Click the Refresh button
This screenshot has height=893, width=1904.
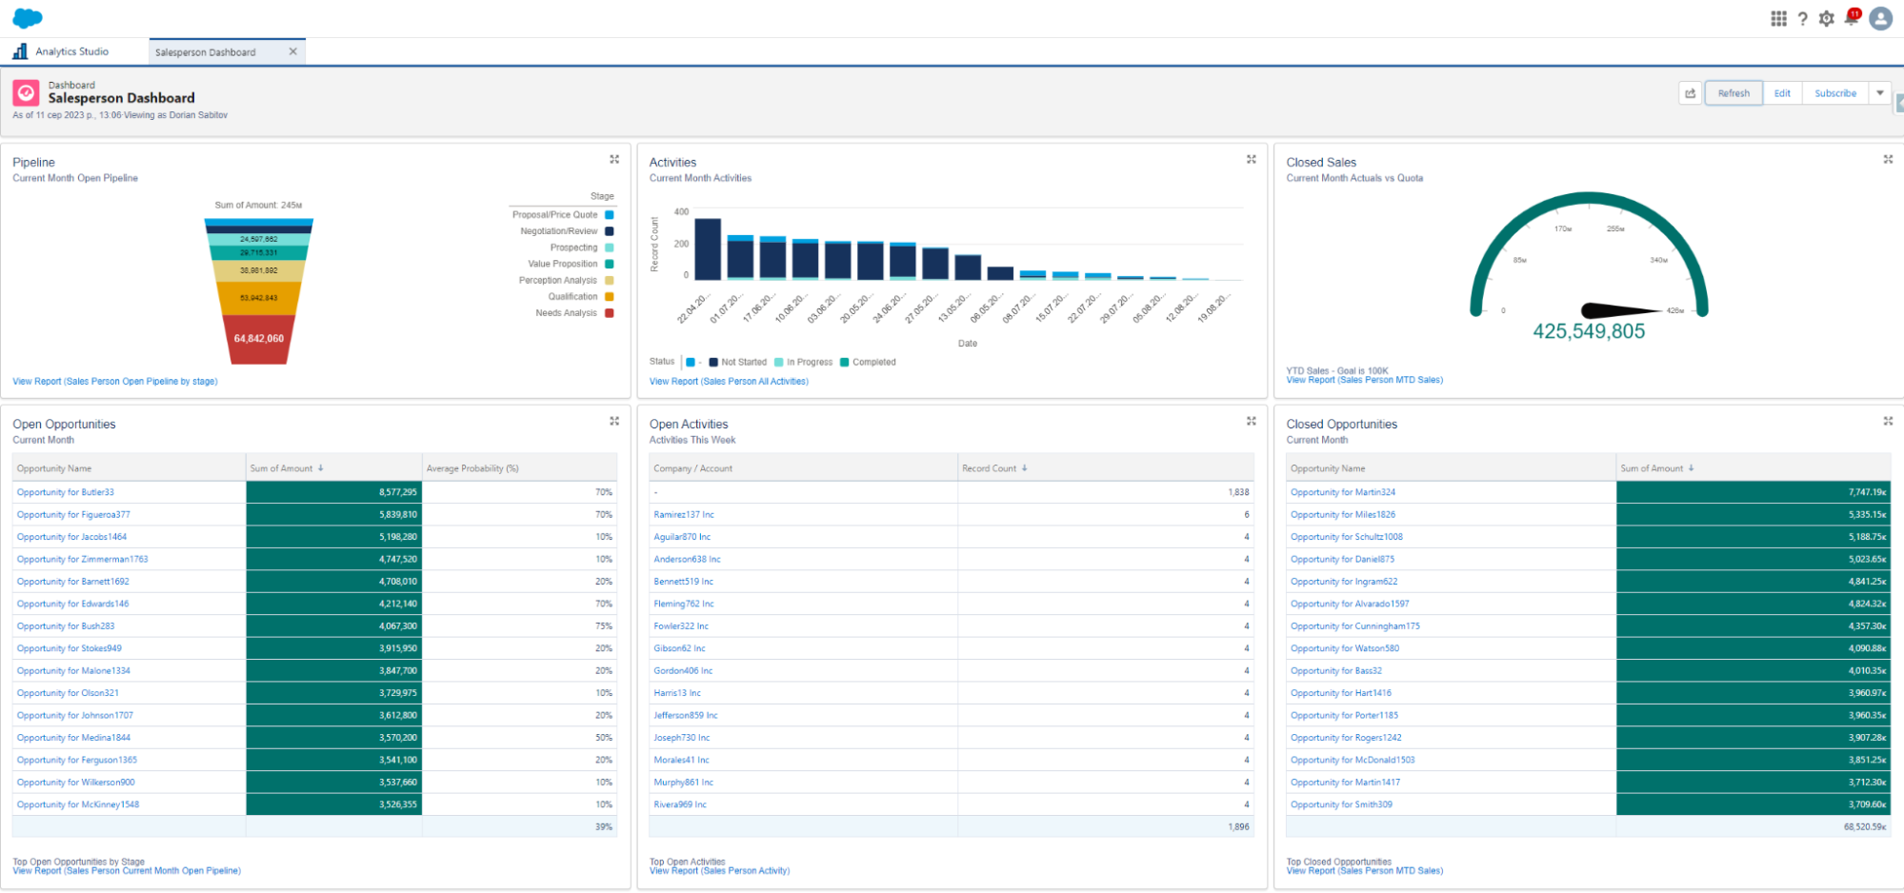[x=1733, y=93]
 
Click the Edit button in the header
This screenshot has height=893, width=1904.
[x=1781, y=93]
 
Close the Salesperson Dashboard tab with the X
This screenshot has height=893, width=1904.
[x=292, y=51]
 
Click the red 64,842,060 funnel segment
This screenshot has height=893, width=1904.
[x=259, y=339]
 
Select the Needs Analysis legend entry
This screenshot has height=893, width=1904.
[x=567, y=313]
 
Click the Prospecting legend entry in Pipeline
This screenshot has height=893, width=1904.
[x=574, y=248]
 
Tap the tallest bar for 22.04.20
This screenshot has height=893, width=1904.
[x=708, y=248]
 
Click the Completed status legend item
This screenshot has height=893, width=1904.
[x=872, y=362]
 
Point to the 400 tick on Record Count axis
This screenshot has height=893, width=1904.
[x=681, y=212]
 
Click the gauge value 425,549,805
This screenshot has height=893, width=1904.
[x=1588, y=331]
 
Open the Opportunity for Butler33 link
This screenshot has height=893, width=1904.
[x=66, y=492]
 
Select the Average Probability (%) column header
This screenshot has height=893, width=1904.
[x=472, y=468]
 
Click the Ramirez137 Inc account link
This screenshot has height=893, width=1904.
[x=683, y=515]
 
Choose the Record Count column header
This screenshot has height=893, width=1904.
[x=990, y=468]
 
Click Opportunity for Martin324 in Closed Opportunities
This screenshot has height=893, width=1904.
[x=1342, y=492]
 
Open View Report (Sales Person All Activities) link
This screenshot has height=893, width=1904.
[x=729, y=382]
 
